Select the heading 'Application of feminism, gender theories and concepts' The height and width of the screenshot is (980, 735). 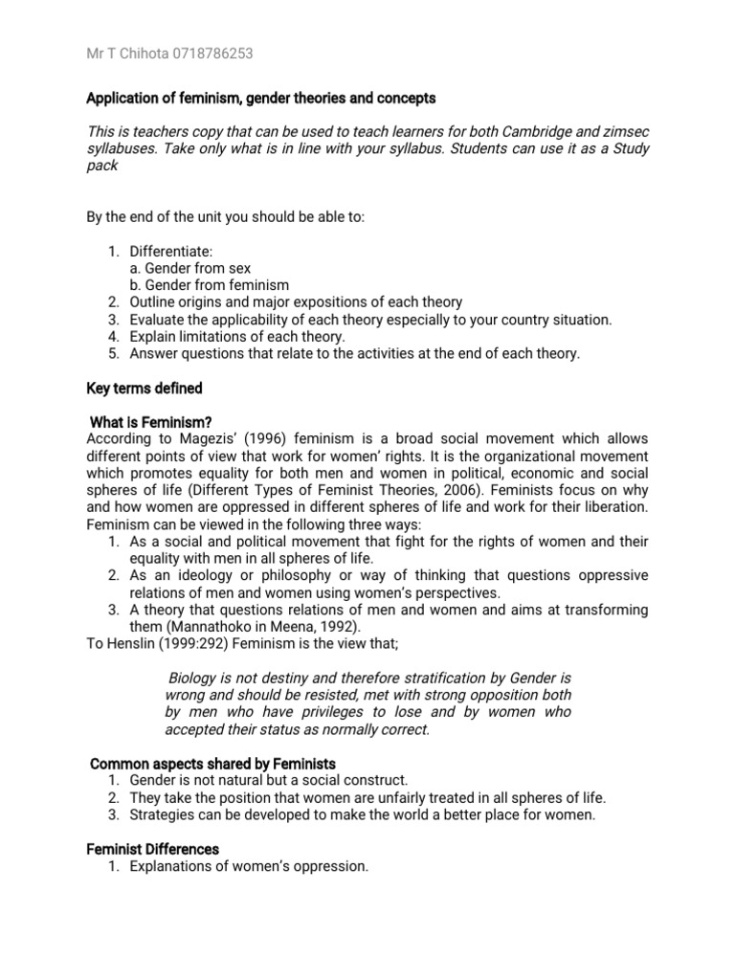pyautogui.click(x=260, y=99)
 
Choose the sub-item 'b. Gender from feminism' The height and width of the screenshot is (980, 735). pyautogui.click(x=209, y=285)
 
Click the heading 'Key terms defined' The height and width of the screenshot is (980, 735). pyautogui.click(x=144, y=388)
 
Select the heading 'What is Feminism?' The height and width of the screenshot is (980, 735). pyautogui.click(x=150, y=422)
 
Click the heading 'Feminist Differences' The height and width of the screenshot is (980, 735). pyautogui.click(x=153, y=849)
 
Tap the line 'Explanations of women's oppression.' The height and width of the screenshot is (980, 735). pyautogui.click(x=249, y=866)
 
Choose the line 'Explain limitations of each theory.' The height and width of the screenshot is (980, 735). pyautogui.click(x=237, y=336)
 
